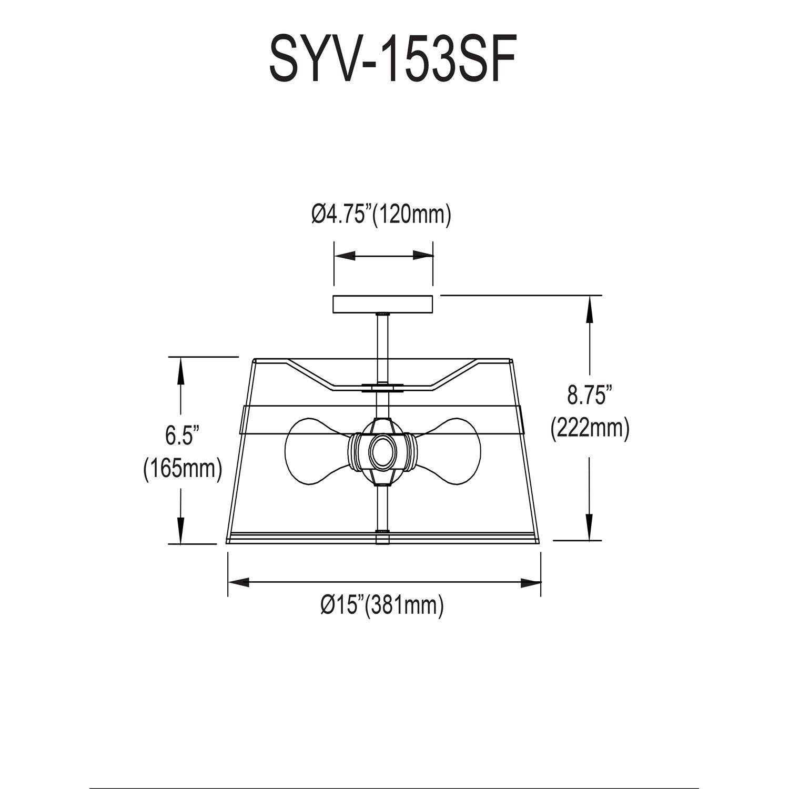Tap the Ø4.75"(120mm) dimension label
[x=381, y=216]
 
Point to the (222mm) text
[x=590, y=428]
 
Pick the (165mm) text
[x=182, y=468]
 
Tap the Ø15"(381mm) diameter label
[x=382, y=605]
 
